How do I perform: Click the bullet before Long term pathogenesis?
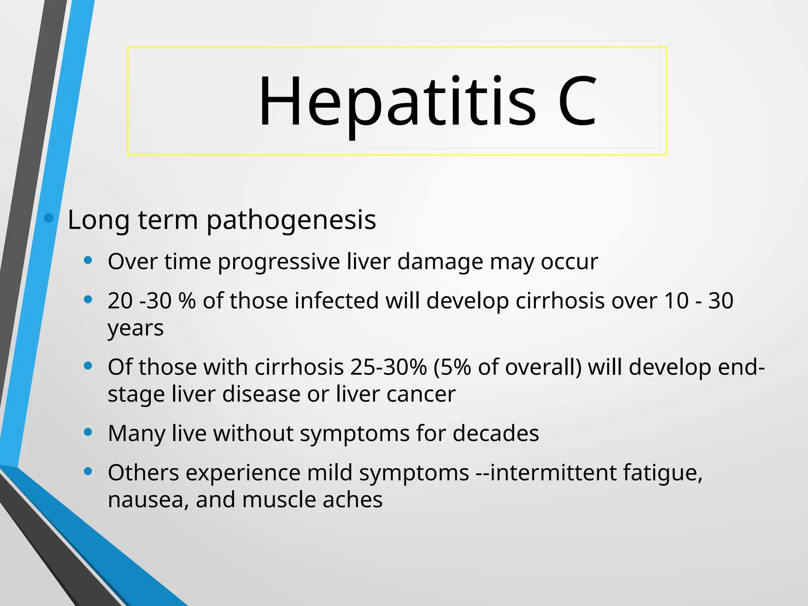click(49, 218)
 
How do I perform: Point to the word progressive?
click(279, 262)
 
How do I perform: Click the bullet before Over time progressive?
click(88, 260)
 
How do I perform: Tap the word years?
click(135, 329)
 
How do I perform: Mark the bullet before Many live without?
click(88, 432)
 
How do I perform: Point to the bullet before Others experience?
click(88, 471)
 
